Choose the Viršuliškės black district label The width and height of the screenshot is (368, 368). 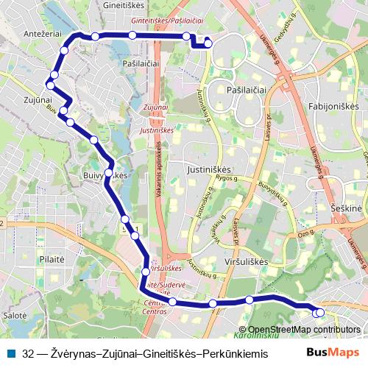[243, 261]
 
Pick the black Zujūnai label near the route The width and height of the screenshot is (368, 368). [37, 99]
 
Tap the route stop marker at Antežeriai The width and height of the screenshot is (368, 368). [64, 51]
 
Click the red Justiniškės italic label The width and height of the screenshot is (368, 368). [155, 130]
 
